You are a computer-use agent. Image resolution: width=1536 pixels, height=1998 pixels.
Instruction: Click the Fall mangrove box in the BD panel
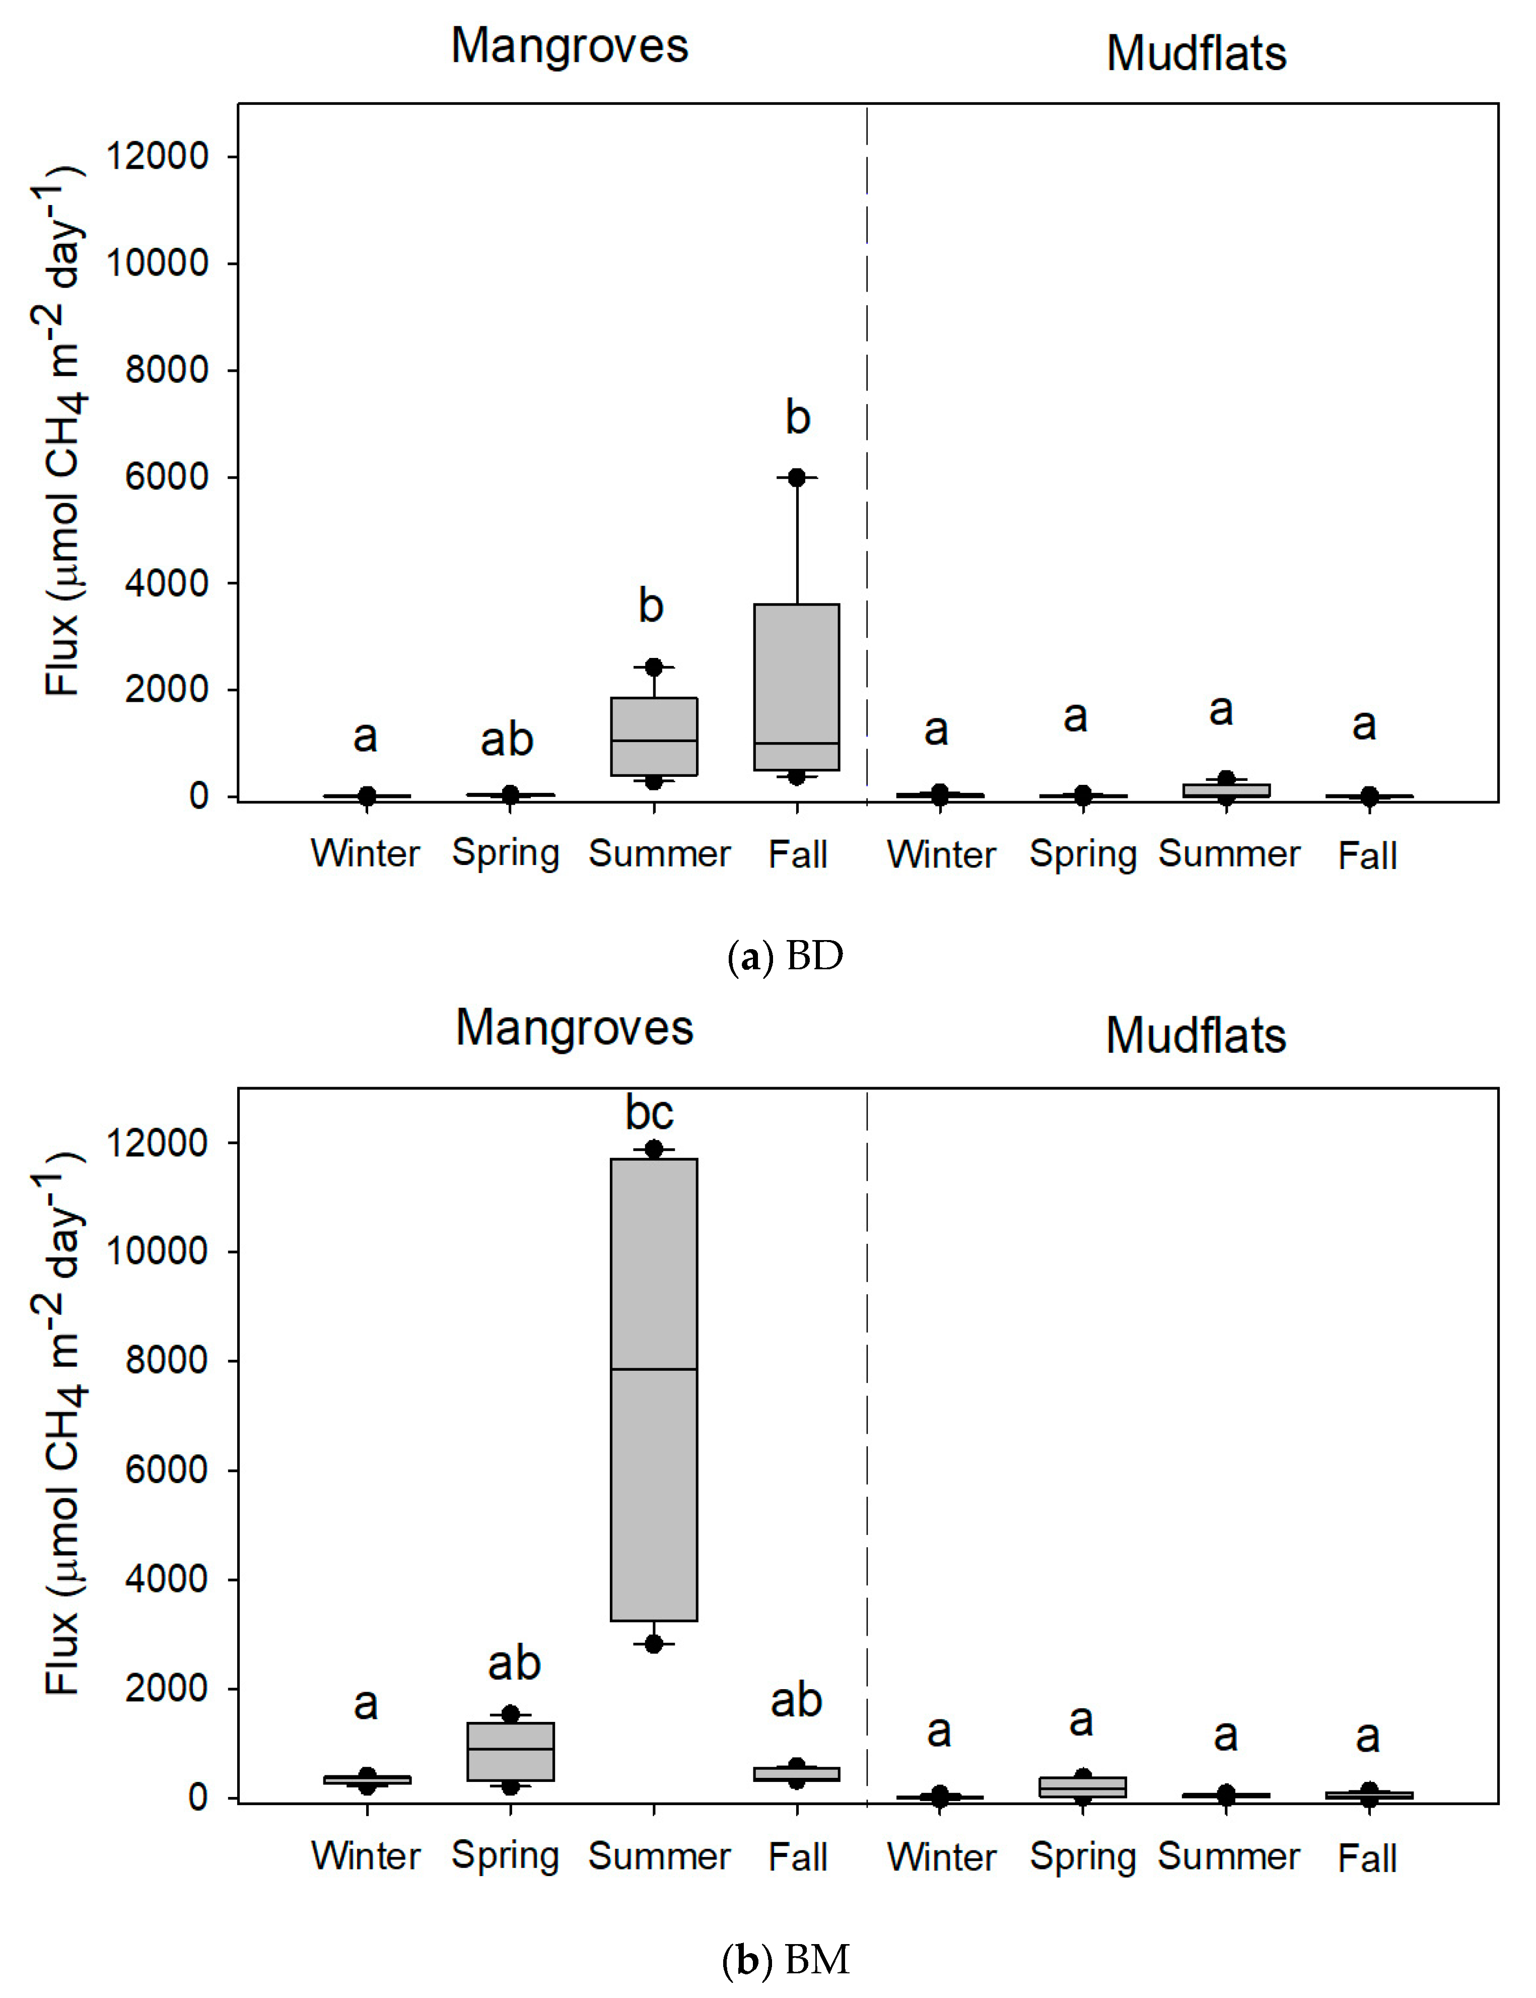click(x=796, y=686)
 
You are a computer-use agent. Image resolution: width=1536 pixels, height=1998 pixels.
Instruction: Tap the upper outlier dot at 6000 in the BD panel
click(x=796, y=477)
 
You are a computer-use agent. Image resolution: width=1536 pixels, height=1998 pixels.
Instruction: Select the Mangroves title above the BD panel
click(x=570, y=46)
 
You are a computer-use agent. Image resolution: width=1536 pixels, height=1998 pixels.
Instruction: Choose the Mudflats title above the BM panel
click(x=1196, y=1036)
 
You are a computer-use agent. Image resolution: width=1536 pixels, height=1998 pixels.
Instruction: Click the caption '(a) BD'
click(x=785, y=957)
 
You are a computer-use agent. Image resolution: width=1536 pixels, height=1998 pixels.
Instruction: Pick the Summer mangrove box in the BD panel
click(x=654, y=736)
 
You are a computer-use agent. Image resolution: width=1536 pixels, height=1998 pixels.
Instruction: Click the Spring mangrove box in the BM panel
click(x=510, y=1751)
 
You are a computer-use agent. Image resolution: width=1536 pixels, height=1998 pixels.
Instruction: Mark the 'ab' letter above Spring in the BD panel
click(x=507, y=739)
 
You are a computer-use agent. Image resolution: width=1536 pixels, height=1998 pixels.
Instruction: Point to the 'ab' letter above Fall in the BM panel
click(x=796, y=1700)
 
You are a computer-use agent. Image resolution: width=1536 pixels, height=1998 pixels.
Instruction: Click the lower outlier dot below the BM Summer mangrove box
click(x=654, y=1643)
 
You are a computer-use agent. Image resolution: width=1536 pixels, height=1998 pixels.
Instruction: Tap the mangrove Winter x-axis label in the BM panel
click(x=366, y=1855)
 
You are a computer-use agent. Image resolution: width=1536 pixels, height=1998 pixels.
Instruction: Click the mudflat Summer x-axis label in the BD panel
click(x=1229, y=854)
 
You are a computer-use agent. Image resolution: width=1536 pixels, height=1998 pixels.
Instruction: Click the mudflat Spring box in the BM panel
click(x=1083, y=1787)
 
